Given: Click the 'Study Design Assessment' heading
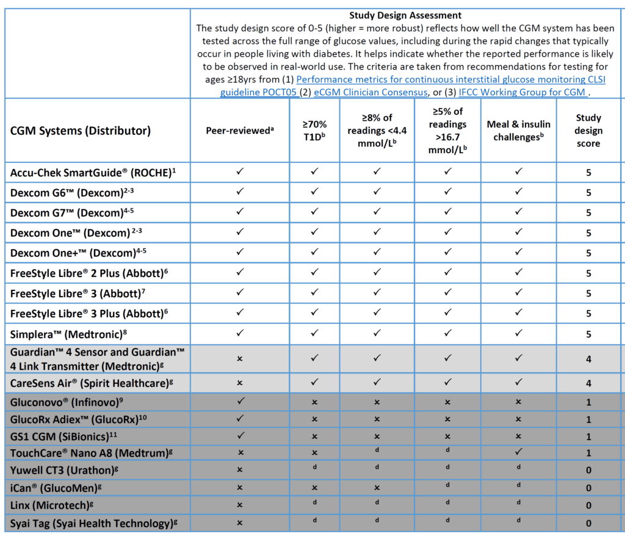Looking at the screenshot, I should point(405,15).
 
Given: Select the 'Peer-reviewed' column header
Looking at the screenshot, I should point(239,131).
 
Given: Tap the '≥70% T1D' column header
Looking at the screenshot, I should point(314,131).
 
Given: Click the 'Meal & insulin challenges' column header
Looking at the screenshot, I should point(518,131).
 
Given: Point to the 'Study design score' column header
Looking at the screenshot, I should point(588,131).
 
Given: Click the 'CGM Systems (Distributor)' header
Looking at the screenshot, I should point(80,131).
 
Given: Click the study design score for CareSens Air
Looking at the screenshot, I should point(588,383).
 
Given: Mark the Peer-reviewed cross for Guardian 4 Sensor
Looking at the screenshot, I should point(239,359).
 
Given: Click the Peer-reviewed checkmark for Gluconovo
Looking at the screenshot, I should point(239,402).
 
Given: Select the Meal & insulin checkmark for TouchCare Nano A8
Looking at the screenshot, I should point(518,452).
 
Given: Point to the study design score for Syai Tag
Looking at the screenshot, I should point(588,523).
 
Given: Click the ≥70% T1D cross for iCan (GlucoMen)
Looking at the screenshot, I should point(314,488).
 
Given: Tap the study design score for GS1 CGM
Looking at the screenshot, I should point(588,436).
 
